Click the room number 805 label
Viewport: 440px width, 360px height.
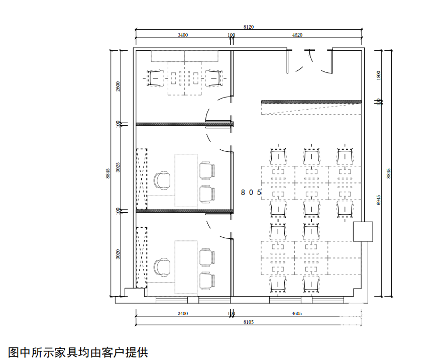coord(251,192)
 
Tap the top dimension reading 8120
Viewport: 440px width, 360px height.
coord(248,27)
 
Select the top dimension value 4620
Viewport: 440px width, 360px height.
coord(297,35)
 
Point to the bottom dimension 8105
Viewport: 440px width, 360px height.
coord(248,321)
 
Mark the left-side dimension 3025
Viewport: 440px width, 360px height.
coord(118,167)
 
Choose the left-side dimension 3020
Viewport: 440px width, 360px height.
coord(118,254)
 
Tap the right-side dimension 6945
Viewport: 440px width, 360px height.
coord(379,200)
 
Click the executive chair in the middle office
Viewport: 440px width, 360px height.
coord(162,181)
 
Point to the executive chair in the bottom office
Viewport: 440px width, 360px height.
coord(162,267)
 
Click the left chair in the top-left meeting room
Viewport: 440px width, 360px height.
coord(156,78)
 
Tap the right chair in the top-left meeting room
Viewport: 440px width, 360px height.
coord(214,78)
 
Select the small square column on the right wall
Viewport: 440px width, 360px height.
coord(363,231)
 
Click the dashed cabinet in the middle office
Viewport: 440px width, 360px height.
coord(142,178)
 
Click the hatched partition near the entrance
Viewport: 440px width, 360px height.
coord(311,102)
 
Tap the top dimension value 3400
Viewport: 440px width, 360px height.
coord(183,35)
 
